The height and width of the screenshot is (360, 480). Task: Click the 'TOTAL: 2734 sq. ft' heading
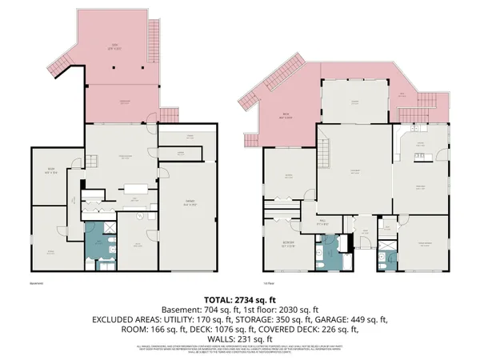pyautogui.click(x=239, y=298)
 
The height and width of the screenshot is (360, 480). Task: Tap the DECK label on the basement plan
pyautogui.click(x=114, y=45)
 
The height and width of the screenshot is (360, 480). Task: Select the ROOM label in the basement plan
pyautogui.click(x=50, y=170)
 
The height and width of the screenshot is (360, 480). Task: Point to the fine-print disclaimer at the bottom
pyautogui.click(x=240, y=350)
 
